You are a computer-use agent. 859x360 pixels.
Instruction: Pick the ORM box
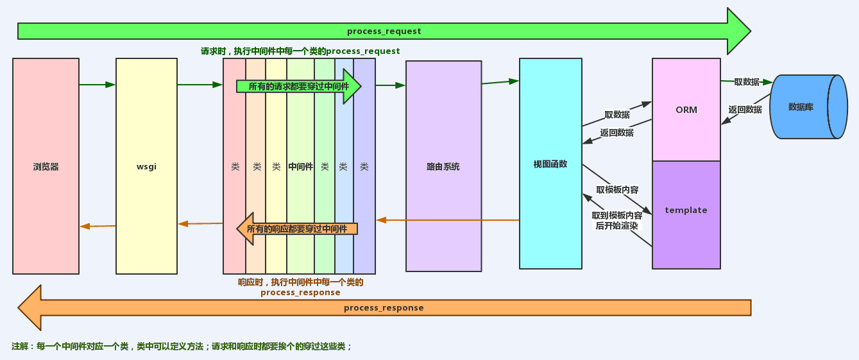click(x=686, y=110)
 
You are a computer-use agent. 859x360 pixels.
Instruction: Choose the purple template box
click(x=686, y=210)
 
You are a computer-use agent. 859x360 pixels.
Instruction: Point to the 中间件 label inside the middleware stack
click(x=301, y=166)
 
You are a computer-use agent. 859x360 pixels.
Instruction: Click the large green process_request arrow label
click(x=384, y=31)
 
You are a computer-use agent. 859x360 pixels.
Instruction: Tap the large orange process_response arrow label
click(x=384, y=308)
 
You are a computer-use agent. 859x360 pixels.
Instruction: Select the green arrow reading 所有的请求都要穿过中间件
click(x=299, y=86)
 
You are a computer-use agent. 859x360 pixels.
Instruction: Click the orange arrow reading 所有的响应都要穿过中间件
click(x=297, y=229)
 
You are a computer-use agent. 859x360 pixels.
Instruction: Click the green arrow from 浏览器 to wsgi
click(x=97, y=84)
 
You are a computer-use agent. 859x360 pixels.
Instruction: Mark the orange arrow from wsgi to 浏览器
click(x=98, y=226)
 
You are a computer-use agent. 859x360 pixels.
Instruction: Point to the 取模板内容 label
click(x=617, y=190)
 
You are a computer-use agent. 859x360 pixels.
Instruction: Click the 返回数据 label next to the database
click(x=745, y=110)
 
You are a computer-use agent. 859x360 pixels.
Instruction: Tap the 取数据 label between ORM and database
click(x=747, y=82)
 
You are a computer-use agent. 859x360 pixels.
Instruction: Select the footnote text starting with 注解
click(x=182, y=347)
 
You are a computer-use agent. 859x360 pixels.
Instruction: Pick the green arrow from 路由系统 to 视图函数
click(x=500, y=81)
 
